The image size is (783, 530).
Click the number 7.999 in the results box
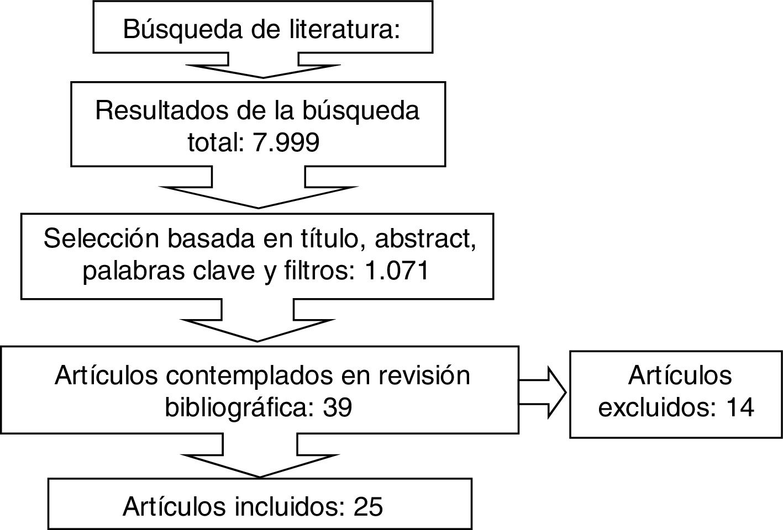286,143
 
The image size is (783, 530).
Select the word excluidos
649,407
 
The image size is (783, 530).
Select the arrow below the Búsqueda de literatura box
263,65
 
